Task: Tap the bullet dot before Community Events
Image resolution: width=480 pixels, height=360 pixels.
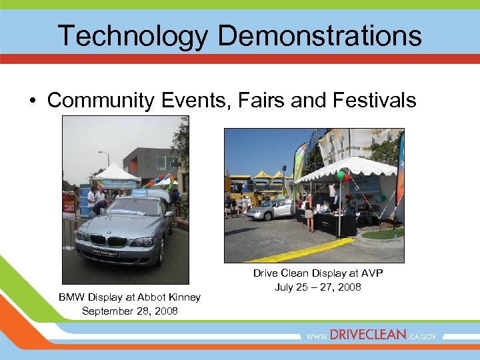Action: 32,101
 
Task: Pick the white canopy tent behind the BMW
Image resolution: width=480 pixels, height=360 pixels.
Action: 115,172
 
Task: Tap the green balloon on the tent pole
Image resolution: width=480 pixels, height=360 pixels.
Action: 341,176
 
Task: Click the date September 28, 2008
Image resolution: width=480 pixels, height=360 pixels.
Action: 130,311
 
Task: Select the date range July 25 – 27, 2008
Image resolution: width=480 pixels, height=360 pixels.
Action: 318,287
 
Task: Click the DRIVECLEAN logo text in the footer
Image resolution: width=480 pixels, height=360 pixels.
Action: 367,335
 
